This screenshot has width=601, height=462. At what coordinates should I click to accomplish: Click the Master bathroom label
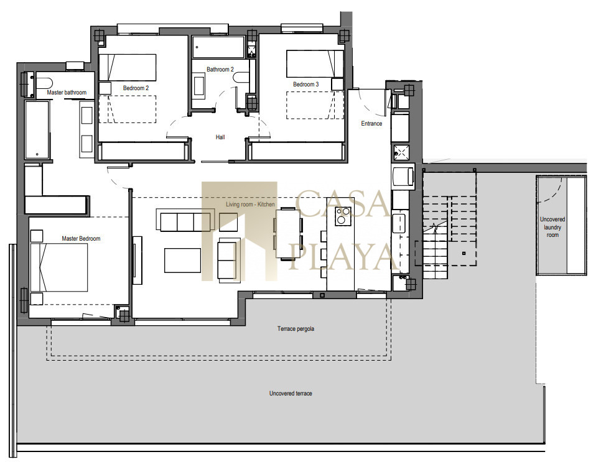tap(67, 92)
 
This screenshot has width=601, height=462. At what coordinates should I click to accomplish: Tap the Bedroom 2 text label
tap(136, 88)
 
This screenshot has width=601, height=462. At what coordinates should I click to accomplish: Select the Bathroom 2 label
tap(220, 70)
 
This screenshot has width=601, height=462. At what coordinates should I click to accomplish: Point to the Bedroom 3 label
tap(306, 85)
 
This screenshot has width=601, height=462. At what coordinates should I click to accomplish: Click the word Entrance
tap(371, 123)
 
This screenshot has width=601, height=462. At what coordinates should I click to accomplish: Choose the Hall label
tap(220, 137)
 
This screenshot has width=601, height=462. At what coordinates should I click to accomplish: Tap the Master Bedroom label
tap(82, 239)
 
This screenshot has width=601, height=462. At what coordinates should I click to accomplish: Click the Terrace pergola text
tap(296, 329)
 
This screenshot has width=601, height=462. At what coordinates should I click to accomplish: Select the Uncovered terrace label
tap(291, 394)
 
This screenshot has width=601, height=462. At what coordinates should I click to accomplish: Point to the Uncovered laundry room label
tap(552, 227)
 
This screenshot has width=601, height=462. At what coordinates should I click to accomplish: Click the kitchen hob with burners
tap(343, 216)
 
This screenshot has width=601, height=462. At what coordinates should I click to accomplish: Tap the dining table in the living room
tap(288, 234)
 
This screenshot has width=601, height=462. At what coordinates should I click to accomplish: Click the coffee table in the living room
tap(182, 261)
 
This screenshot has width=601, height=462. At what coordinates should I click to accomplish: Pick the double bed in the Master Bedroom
tap(59, 267)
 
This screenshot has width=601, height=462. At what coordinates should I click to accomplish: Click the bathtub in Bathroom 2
tap(218, 47)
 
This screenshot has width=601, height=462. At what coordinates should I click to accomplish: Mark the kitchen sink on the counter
tap(399, 224)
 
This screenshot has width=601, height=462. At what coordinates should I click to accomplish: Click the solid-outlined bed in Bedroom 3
tap(315, 63)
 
